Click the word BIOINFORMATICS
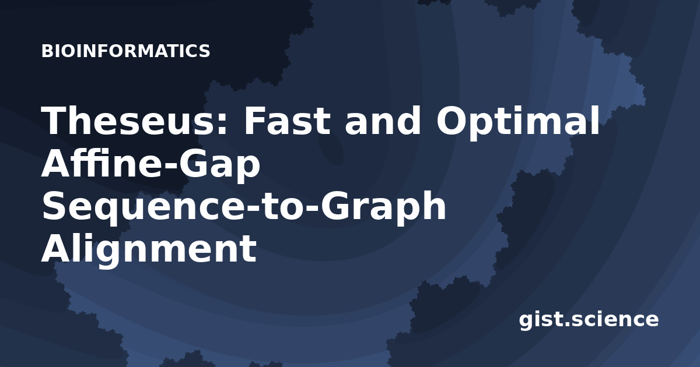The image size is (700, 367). pyautogui.click(x=125, y=51)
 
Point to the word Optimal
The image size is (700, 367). pyautogui.click(x=518, y=123)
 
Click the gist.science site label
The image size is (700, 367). pyautogui.click(x=589, y=320)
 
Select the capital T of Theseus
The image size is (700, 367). pyautogui.click(x=57, y=120)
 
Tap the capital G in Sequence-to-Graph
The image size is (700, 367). pyautogui.click(x=337, y=206)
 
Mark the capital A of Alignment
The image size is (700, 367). pyautogui.click(x=58, y=248)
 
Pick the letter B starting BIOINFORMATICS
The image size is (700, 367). pyautogui.click(x=47, y=51)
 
